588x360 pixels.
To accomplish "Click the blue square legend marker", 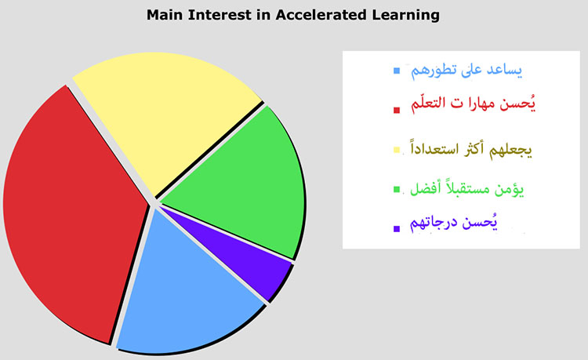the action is click(397, 71).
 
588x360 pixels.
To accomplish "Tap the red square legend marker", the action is click(397, 110).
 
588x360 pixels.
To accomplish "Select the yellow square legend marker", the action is click(397, 150).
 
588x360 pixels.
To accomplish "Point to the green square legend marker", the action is click(397, 189).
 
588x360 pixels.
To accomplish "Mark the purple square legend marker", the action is click(397, 228).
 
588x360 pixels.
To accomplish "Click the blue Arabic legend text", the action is click(466, 71).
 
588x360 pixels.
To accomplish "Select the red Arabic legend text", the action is click(473, 103).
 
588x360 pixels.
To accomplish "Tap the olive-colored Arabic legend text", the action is click(471, 149).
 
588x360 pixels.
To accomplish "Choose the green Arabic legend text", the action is click(466, 188).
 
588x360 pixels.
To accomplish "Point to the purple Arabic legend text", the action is click(454, 223).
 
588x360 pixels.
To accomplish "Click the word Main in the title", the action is click(165, 15).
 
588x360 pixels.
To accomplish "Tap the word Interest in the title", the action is click(220, 15).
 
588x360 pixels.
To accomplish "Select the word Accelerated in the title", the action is click(321, 15).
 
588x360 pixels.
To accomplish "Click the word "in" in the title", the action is click(263, 15).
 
